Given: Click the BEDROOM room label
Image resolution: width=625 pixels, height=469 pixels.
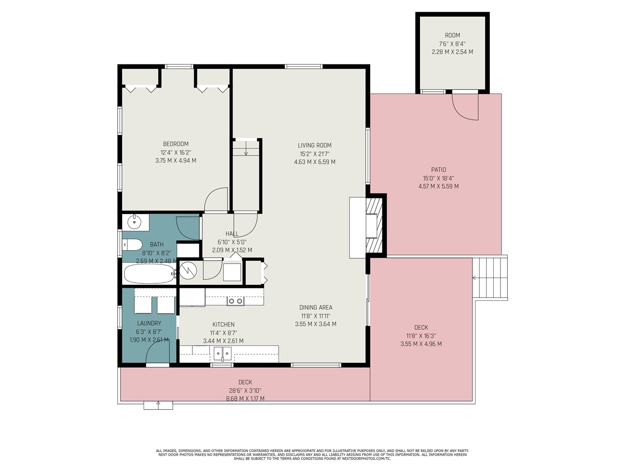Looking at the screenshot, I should tap(175, 144).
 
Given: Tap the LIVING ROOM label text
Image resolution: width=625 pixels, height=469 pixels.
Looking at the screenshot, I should tap(314, 145).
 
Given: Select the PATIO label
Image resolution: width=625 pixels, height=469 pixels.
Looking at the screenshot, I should tap(438, 170).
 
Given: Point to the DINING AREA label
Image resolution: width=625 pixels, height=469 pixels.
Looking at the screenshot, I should tap(315, 307).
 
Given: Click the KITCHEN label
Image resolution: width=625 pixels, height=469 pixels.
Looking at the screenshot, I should tap(223, 324).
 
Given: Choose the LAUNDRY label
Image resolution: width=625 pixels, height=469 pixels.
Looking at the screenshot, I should tap(149, 323).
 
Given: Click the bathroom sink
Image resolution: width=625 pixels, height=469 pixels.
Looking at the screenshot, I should tap(134, 222).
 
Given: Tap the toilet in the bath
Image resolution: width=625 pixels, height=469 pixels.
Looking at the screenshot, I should tap(132, 244).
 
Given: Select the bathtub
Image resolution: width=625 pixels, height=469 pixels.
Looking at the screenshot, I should tap(148, 274).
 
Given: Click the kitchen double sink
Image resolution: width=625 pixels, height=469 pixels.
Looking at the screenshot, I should tap(222, 353).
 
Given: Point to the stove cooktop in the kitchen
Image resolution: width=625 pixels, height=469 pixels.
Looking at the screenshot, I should tap(235, 301).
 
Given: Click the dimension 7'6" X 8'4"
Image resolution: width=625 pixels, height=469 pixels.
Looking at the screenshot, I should tap(452, 43).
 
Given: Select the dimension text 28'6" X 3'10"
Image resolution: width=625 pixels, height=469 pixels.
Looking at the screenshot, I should tap(245, 390).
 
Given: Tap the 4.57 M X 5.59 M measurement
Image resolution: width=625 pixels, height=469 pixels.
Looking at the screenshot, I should tap(438, 186).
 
